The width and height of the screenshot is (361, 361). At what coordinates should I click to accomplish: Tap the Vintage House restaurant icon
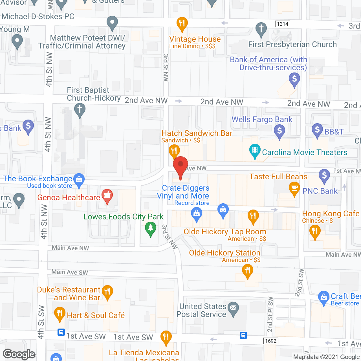point(182,23)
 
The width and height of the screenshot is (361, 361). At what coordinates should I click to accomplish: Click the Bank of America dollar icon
point(294,79)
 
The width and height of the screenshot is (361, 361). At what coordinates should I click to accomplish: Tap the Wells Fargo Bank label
point(262,120)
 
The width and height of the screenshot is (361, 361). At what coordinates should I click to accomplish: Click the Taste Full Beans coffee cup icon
point(294,188)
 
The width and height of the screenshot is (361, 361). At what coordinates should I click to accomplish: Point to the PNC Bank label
point(320,191)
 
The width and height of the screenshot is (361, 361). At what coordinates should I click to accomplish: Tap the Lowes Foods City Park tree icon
point(151,228)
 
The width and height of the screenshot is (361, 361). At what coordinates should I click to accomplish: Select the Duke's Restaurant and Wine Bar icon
point(107,291)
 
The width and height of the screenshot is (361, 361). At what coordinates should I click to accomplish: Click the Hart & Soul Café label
point(96,315)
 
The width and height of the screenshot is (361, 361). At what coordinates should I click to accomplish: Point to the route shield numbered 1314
point(282,24)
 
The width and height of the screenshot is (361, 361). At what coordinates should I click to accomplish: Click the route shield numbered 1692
point(271,341)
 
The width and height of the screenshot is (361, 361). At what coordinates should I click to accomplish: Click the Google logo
point(19,354)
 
